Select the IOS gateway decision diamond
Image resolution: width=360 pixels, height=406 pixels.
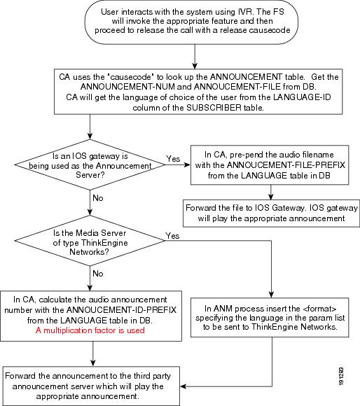(90, 164)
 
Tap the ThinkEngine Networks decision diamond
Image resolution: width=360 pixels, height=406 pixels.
(90, 241)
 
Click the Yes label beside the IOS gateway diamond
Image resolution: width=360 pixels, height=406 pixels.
(173, 158)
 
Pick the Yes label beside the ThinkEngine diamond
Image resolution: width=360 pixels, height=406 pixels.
(172, 236)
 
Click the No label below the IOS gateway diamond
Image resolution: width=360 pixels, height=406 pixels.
(98, 198)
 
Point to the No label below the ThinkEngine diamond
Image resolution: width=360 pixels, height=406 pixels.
(98, 274)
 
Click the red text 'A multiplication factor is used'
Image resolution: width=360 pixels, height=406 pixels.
(90, 330)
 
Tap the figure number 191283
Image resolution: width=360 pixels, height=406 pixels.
(341, 377)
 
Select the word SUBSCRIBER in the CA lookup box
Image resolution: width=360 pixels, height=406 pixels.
(214, 108)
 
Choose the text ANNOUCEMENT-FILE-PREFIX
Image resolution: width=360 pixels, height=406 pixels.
(286, 165)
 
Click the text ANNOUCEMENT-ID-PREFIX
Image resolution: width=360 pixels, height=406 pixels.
(121, 310)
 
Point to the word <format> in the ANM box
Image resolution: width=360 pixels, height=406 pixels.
(319, 309)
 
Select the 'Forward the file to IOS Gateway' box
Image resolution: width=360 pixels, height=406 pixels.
(271, 213)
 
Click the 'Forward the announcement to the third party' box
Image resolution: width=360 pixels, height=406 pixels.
(91, 386)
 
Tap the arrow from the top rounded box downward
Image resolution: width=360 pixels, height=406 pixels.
(195, 57)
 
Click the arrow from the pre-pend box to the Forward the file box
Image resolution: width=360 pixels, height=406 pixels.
(270, 192)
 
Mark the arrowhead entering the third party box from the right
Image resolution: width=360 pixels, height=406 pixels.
(183, 386)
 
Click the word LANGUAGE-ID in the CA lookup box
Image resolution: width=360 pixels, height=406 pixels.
(302, 97)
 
